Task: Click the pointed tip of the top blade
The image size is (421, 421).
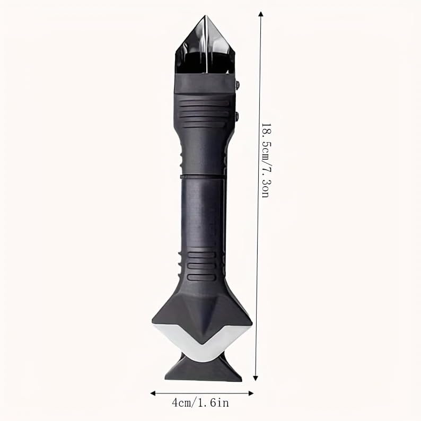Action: pos(205,16)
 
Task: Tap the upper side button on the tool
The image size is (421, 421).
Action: pos(237,85)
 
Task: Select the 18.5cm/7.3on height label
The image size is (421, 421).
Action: pos(266,161)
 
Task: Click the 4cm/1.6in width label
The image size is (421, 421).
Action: pos(200,403)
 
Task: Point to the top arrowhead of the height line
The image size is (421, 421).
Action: pos(260,14)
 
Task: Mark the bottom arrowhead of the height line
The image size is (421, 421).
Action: pos(256,378)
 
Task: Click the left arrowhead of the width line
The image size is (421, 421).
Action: pos(153,393)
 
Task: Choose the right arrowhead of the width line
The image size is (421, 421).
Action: pos(251,393)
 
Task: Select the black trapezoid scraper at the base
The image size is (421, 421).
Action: pos(203,368)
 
